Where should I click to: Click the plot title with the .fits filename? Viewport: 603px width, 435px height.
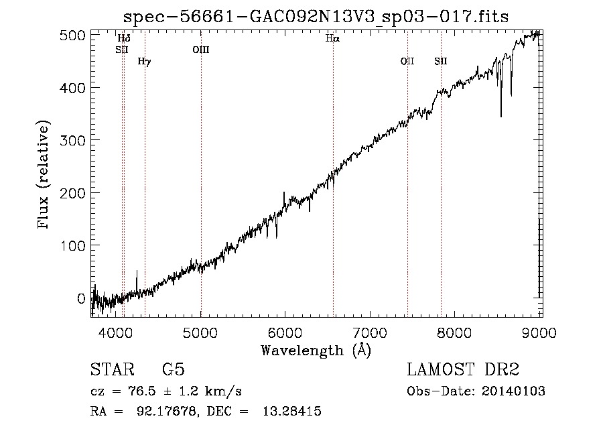tap(316, 17)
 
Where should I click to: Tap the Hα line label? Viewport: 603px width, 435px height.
tap(332, 38)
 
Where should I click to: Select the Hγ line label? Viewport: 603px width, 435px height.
tap(145, 62)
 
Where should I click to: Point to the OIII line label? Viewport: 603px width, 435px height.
tap(201, 50)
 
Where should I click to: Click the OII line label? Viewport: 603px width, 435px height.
tap(407, 61)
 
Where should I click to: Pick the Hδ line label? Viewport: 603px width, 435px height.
tap(124, 38)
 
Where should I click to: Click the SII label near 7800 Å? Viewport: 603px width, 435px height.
tap(441, 61)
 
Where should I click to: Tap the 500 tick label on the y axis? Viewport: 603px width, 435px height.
tap(72, 36)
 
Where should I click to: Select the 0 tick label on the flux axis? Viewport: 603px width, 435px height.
tap(81, 298)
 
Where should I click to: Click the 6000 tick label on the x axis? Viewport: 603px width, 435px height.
tap(285, 332)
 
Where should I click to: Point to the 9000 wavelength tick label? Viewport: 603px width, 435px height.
tap(539, 332)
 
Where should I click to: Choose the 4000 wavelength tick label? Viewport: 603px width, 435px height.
tap(116, 332)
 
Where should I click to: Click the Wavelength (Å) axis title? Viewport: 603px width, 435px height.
tap(316, 351)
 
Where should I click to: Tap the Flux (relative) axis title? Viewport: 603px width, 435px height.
tap(43, 175)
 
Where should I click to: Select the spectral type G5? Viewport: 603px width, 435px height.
tap(174, 369)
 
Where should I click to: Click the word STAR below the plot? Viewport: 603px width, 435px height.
tap(113, 369)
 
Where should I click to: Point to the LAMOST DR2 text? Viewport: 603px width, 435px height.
tap(463, 369)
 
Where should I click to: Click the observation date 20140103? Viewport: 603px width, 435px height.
tap(513, 391)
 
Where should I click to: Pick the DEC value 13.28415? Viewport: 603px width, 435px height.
tap(292, 411)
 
